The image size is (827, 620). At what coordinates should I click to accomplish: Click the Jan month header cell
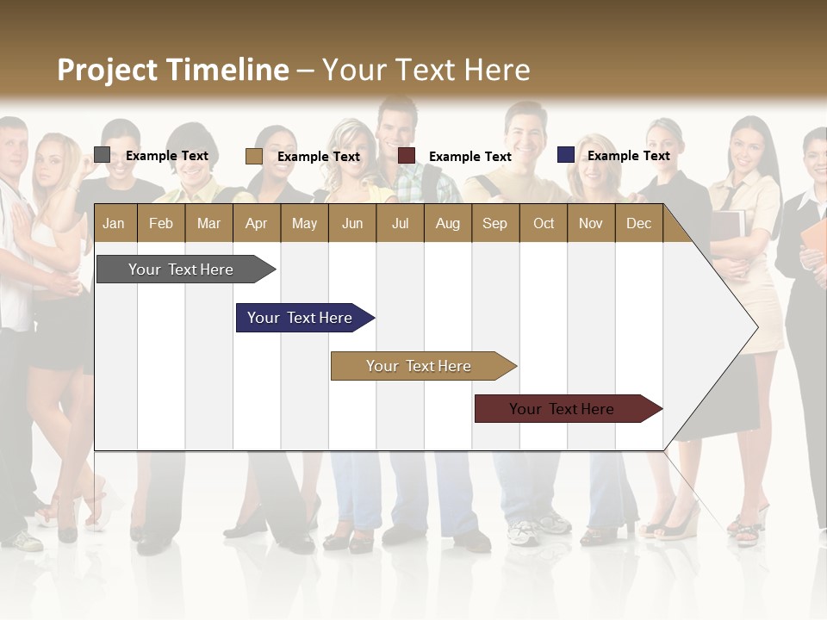point(115,223)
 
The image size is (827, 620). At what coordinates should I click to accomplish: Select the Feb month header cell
point(161,223)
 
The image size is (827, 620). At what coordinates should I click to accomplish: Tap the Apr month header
point(256,223)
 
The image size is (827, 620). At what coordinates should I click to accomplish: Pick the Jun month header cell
point(352,223)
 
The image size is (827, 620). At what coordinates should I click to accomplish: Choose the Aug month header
point(447,223)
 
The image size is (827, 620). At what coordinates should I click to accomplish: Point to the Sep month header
point(495,223)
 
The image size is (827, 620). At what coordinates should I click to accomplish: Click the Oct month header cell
point(544,223)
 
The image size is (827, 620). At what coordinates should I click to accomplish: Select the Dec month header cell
point(638,223)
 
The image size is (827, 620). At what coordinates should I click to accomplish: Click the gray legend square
point(103,155)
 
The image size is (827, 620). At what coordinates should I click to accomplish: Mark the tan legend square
point(253,156)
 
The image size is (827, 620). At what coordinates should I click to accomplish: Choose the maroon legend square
point(407,156)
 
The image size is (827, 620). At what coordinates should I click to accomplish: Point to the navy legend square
point(565,155)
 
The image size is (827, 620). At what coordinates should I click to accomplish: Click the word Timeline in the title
point(227,70)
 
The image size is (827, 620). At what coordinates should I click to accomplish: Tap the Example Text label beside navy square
point(628,156)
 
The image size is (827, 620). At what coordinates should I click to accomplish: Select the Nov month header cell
point(591,223)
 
